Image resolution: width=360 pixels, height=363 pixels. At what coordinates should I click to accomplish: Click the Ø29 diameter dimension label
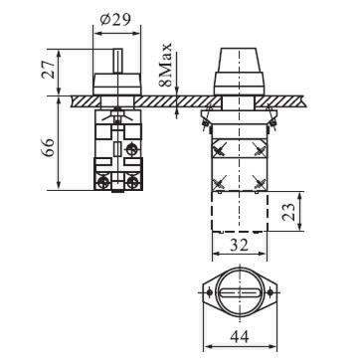coord(115,19)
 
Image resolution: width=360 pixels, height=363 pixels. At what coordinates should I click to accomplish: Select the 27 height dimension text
coord(49,70)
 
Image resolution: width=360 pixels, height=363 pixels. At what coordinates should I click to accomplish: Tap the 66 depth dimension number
coord(48,148)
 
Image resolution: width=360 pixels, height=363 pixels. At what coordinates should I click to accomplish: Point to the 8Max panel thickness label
coord(165,65)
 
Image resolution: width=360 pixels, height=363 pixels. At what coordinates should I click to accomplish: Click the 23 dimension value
coord(289,212)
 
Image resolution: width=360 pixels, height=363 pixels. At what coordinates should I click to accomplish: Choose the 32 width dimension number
coord(239,245)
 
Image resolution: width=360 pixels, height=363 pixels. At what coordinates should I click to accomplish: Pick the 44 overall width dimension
coord(240,337)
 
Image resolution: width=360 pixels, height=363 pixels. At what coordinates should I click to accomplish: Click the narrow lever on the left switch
coord(118,61)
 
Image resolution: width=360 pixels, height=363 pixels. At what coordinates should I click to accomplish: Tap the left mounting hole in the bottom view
coord(209,292)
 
